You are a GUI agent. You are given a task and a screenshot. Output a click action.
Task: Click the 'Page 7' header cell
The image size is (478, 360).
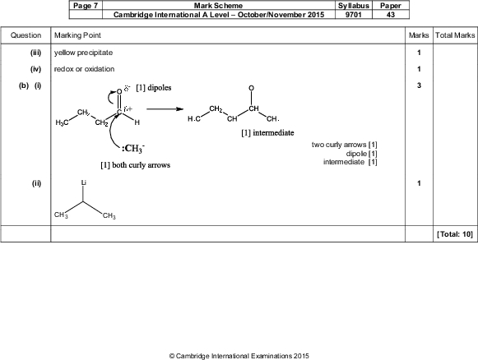(86, 6)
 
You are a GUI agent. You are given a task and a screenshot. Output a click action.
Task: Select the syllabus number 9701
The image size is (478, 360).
(353, 15)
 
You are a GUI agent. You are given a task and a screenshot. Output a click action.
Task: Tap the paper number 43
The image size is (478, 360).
(391, 15)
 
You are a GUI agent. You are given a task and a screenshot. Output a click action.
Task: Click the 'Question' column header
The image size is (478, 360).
(26, 35)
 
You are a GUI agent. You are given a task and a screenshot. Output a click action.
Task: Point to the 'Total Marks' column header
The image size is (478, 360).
(455, 35)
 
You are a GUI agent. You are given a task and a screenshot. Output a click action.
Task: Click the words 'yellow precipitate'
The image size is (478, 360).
(84, 53)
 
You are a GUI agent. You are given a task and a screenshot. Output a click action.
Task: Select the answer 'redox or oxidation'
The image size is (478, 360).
(85, 69)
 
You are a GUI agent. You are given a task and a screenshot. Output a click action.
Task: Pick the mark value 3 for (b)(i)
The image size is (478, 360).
(419, 85)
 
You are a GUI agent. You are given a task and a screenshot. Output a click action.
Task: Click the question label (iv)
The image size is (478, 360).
(35, 69)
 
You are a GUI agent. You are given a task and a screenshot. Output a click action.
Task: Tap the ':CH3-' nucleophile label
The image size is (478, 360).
(133, 148)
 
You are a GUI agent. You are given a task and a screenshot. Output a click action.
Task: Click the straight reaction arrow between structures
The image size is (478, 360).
(165, 109)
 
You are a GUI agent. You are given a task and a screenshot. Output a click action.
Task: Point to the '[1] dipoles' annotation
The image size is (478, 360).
(154, 88)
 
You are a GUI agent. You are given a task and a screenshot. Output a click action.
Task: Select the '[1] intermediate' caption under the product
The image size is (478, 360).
(267, 133)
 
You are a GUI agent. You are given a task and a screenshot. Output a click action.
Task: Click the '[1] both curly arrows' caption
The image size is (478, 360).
(136, 165)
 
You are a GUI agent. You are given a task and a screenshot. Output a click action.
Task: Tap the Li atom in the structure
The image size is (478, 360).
(84, 182)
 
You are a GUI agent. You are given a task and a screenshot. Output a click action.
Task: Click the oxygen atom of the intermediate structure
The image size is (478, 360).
(251, 88)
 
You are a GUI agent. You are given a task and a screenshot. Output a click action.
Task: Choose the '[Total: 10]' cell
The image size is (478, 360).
(455, 234)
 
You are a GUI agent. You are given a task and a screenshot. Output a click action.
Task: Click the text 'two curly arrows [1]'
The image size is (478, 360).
(345, 145)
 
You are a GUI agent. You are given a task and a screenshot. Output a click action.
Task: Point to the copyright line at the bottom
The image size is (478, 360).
(239, 356)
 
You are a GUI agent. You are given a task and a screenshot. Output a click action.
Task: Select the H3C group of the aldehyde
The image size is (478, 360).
(62, 122)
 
